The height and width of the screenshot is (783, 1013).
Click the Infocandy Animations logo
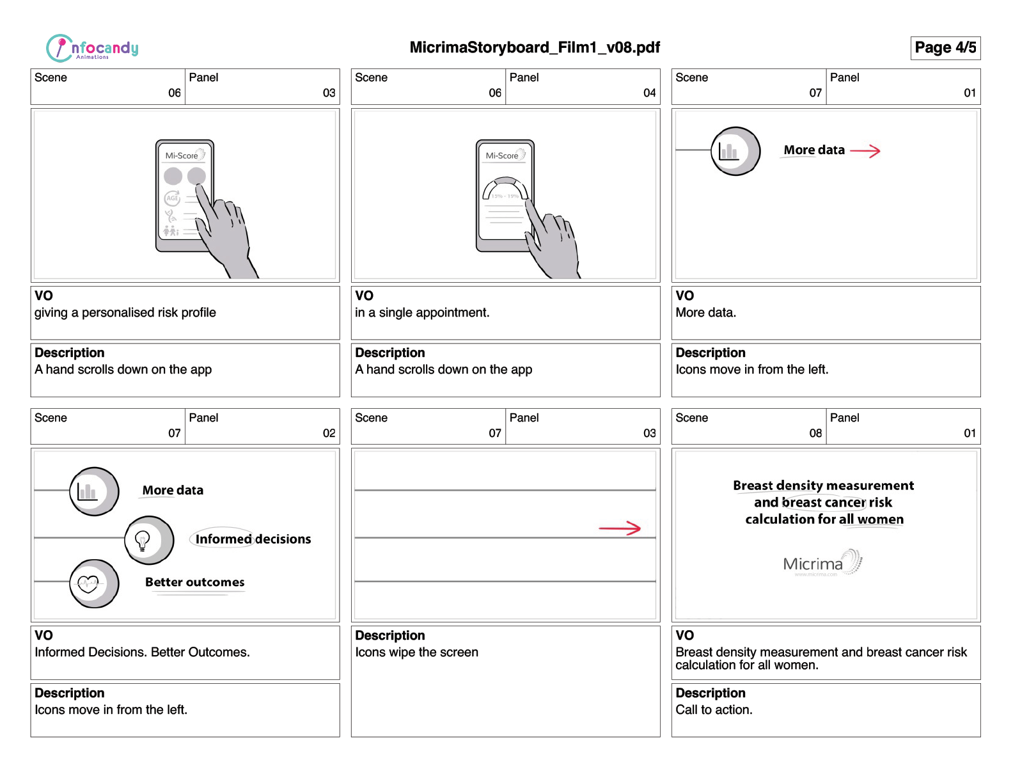click(92, 48)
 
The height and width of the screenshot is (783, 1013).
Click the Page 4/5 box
click(945, 48)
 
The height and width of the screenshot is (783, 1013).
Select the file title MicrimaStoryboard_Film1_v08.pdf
click(535, 47)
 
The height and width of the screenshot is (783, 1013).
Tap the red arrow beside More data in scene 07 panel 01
click(865, 151)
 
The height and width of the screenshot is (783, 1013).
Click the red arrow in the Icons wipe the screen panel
click(619, 528)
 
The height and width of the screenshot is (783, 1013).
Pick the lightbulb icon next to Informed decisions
click(143, 540)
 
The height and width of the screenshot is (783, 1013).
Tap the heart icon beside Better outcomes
click(88, 583)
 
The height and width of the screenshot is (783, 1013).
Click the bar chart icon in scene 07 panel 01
click(728, 152)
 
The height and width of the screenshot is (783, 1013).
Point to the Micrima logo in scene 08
click(822, 563)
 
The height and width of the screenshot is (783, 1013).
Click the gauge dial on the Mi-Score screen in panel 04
click(505, 190)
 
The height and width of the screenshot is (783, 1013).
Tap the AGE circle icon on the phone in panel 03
click(172, 198)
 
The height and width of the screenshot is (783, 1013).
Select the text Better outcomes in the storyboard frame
click(194, 582)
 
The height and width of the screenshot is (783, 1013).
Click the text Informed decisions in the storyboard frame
click(253, 539)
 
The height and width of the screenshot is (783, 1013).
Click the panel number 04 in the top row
click(649, 93)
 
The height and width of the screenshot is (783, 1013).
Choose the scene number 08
click(815, 433)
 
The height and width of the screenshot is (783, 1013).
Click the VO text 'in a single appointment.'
click(422, 313)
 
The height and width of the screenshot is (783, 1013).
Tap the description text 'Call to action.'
click(714, 710)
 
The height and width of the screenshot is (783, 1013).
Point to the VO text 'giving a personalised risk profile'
click(125, 313)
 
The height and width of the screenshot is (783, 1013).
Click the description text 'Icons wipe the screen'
click(416, 652)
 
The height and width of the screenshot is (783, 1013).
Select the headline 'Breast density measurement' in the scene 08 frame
click(823, 486)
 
